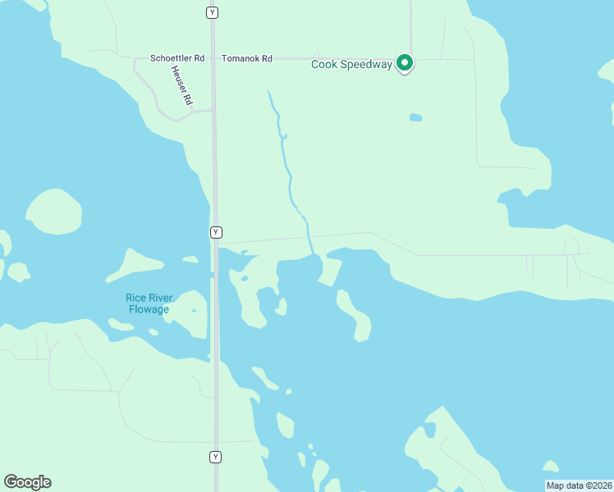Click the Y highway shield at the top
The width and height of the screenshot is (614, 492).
pyautogui.click(x=213, y=13)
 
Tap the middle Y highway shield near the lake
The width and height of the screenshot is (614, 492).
pyautogui.click(x=216, y=232)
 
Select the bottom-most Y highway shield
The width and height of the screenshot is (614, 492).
pyautogui.click(x=216, y=457)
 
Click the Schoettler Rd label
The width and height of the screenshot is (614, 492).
pyautogui.click(x=176, y=58)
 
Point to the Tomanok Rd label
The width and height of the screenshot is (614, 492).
pyautogui.click(x=246, y=58)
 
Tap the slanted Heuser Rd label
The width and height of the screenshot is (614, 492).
pyautogui.click(x=181, y=85)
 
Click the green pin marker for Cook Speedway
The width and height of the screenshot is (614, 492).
pyautogui.click(x=404, y=62)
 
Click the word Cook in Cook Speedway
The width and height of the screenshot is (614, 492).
pyautogui.click(x=324, y=65)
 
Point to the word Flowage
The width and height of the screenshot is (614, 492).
pyautogui.click(x=149, y=309)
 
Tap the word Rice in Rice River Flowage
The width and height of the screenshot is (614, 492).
pyautogui.click(x=136, y=298)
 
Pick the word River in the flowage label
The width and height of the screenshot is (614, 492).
pyautogui.click(x=163, y=298)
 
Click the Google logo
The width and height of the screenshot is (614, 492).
pyautogui.click(x=27, y=482)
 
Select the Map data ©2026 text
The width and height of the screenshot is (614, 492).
pyautogui.click(x=579, y=485)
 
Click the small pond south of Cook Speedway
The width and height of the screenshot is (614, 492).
pyautogui.click(x=415, y=117)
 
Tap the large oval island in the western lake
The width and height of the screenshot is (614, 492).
pyautogui.click(x=54, y=211)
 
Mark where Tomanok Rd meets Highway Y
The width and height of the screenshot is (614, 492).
pyautogui.click(x=213, y=58)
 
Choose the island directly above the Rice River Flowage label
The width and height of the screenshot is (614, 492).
pyautogui.click(x=135, y=264)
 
